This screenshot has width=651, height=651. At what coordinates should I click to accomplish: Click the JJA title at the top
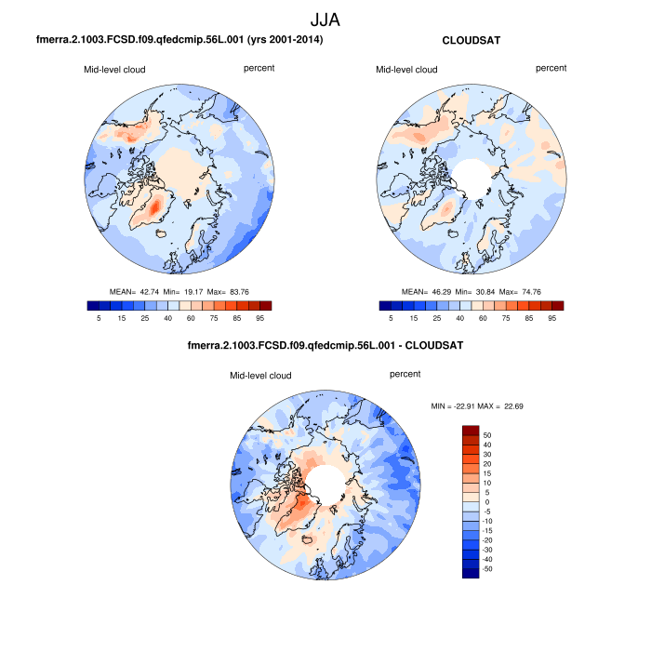coord(325,18)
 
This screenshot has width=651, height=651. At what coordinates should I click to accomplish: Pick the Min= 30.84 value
coord(482,291)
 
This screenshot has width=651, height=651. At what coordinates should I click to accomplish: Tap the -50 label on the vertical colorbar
coord(486,568)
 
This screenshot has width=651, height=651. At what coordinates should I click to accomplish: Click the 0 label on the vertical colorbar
coord(486,501)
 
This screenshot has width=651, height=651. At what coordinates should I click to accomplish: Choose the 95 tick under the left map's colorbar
coord(264,317)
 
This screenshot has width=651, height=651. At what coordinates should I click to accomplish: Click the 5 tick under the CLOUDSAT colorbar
coord(391,317)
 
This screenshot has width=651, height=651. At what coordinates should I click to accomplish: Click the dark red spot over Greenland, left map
coord(155,204)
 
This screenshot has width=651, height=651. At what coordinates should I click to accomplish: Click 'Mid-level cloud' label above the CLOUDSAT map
coord(406,70)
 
